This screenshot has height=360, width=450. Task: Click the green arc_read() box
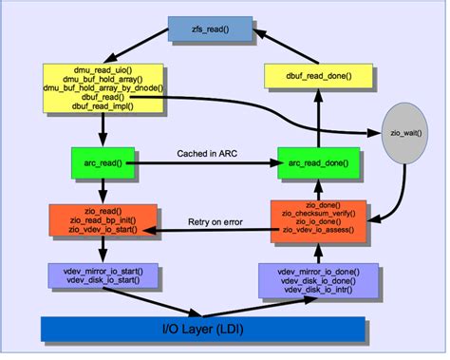(103, 163)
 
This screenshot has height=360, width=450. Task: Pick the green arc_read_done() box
(318, 163)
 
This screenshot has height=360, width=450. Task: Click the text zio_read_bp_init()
(101, 219)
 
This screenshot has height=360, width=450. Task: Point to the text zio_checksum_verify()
(318, 214)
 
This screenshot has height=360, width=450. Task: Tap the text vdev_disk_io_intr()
(318, 291)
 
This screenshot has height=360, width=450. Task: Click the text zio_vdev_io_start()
(101, 229)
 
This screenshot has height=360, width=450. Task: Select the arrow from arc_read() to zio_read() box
(102, 189)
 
